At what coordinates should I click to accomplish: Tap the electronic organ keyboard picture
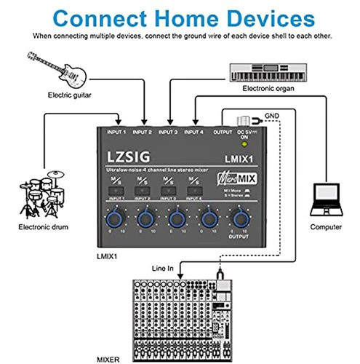(x=273, y=71)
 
